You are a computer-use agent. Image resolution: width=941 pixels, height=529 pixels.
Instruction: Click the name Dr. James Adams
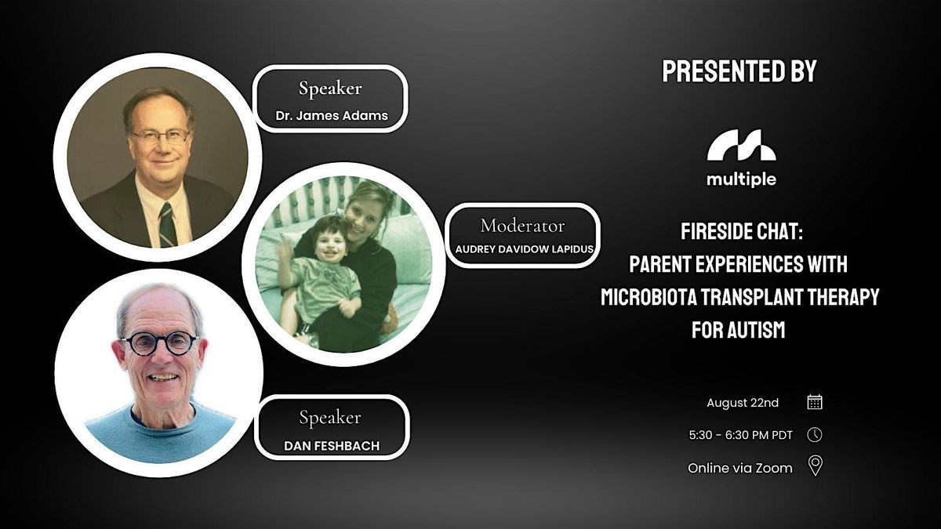(332, 115)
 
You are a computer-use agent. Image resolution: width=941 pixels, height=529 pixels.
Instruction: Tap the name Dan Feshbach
(332, 445)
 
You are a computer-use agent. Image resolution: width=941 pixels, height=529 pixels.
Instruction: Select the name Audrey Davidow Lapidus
(525, 249)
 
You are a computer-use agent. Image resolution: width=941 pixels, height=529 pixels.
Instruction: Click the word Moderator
(522, 226)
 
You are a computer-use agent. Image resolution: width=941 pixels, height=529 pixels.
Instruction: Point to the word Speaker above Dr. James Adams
(330, 89)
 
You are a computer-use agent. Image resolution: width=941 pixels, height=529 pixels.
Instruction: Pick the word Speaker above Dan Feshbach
(330, 418)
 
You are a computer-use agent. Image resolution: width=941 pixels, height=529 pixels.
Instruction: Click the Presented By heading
(739, 71)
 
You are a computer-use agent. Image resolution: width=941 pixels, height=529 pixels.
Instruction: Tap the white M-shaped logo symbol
(742, 145)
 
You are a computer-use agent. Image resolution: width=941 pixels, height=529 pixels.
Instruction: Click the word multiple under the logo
(742, 179)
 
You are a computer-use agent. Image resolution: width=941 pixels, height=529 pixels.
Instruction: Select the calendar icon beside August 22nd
(815, 402)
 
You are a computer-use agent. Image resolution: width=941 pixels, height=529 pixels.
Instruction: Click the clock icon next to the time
(815, 434)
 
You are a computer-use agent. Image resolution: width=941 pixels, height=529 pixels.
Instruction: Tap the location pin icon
(816, 466)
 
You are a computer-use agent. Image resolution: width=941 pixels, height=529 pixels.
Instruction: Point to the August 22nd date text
(743, 403)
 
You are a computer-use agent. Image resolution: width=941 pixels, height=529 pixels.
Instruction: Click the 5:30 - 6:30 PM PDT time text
(740, 435)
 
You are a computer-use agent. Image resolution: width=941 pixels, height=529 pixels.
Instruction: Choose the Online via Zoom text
(740, 468)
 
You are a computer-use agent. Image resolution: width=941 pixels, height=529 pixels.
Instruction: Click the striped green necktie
(168, 224)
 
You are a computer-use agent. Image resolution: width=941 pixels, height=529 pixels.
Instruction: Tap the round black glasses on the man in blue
(160, 344)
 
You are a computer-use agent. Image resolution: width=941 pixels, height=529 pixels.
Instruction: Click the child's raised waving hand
(286, 252)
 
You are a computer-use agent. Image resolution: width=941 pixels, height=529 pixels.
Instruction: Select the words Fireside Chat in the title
(742, 231)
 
